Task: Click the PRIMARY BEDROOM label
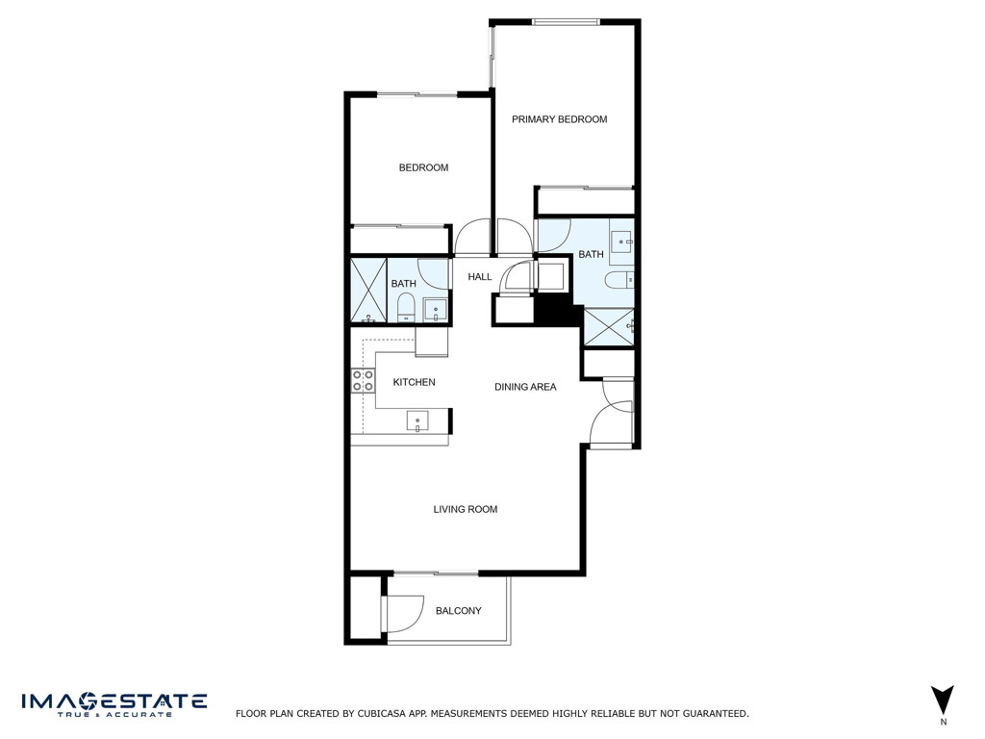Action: [x=559, y=119]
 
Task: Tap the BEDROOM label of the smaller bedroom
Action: [x=423, y=167]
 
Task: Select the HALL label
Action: [x=479, y=277]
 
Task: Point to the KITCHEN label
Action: [x=414, y=382]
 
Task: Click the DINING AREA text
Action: [x=525, y=387]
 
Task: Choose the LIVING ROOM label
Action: [x=465, y=509]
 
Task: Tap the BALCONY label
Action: [x=458, y=611]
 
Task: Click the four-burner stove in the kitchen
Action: [x=363, y=380]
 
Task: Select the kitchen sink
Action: [x=417, y=420]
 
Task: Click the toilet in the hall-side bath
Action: [x=405, y=308]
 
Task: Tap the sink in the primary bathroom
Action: [x=621, y=241]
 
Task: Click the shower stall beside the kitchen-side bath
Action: [x=367, y=290]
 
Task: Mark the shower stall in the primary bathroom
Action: [x=609, y=327]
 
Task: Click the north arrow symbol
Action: [x=943, y=701]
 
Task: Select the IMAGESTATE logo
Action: [x=114, y=703]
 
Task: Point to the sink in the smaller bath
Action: [x=435, y=311]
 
